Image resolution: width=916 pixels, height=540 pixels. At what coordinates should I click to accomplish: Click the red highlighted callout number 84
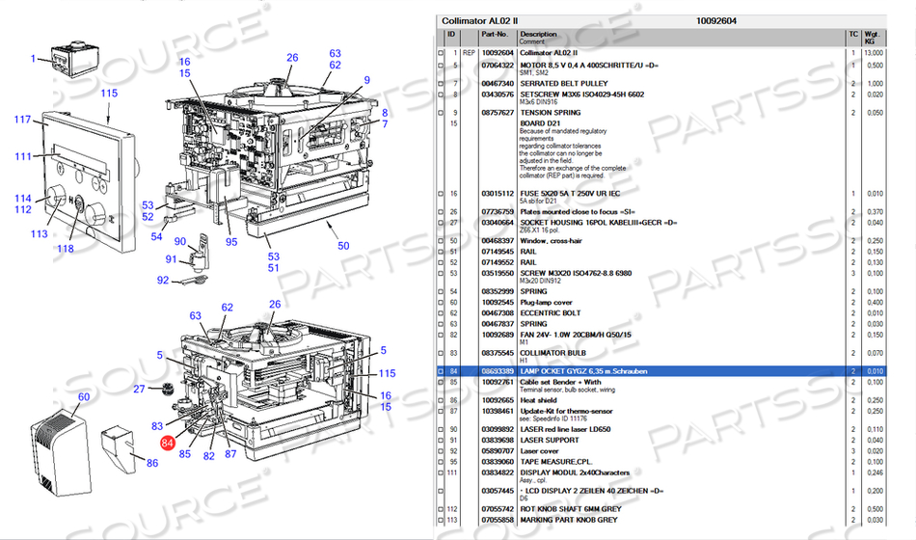(x=168, y=443)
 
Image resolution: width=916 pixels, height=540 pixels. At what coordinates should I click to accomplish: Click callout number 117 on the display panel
(x=22, y=120)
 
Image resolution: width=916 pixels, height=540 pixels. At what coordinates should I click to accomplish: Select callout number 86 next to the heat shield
(x=152, y=464)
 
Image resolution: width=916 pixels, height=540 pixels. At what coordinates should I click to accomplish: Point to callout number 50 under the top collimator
(x=343, y=246)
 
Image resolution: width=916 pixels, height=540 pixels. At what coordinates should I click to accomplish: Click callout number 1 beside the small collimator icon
(x=33, y=59)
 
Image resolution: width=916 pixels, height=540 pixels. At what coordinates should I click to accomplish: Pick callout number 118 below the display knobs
(x=65, y=249)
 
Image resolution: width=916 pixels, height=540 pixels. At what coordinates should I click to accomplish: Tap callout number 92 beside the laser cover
(x=163, y=282)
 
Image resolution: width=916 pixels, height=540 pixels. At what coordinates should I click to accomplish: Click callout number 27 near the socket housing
(x=139, y=389)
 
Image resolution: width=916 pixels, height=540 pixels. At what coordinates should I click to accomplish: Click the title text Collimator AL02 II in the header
(x=478, y=20)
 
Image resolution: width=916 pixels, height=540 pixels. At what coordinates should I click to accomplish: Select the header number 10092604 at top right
(x=715, y=20)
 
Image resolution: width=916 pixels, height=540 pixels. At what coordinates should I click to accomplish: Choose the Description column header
(x=539, y=35)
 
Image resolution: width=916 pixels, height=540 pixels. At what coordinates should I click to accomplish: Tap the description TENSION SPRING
(x=552, y=113)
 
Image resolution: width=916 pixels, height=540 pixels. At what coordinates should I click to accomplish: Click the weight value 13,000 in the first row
(x=873, y=52)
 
